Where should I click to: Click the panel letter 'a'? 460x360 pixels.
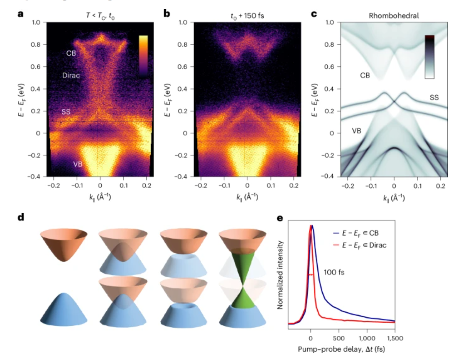[x=20, y=14]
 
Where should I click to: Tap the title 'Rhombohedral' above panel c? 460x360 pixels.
[x=394, y=15]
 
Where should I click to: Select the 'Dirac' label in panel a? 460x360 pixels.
[x=71, y=75]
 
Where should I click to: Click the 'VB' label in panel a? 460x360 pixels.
[x=78, y=164]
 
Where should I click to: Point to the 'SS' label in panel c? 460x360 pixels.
[x=434, y=97]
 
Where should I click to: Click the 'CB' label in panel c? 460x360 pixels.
[x=365, y=75]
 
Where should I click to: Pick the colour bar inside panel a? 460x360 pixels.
[x=143, y=56]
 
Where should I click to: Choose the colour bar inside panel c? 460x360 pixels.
[x=429, y=56]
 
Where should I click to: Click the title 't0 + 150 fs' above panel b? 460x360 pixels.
[x=247, y=15]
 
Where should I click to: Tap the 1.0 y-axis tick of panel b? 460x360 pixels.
[x=182, y=23]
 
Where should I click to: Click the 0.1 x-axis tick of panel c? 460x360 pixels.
[x=417, y=186]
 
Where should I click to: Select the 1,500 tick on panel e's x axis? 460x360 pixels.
[x=395, y=338]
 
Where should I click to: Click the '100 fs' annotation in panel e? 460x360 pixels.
[x=334, y=272]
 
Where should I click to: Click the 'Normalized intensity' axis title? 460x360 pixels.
[x=280, y=275]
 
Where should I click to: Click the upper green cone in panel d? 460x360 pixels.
[x=243, y=264]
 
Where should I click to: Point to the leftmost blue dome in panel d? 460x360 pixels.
[x=64, y=309]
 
